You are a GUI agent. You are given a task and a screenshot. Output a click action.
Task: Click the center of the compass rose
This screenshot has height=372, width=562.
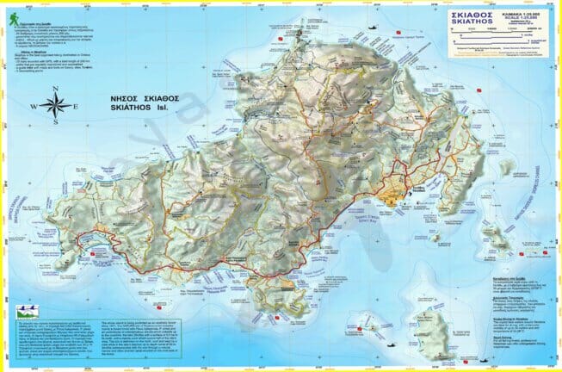55,106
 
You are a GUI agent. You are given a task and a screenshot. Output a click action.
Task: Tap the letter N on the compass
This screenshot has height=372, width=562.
55,89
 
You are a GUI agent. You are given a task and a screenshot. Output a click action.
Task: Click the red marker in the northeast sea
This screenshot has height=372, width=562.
398,35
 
